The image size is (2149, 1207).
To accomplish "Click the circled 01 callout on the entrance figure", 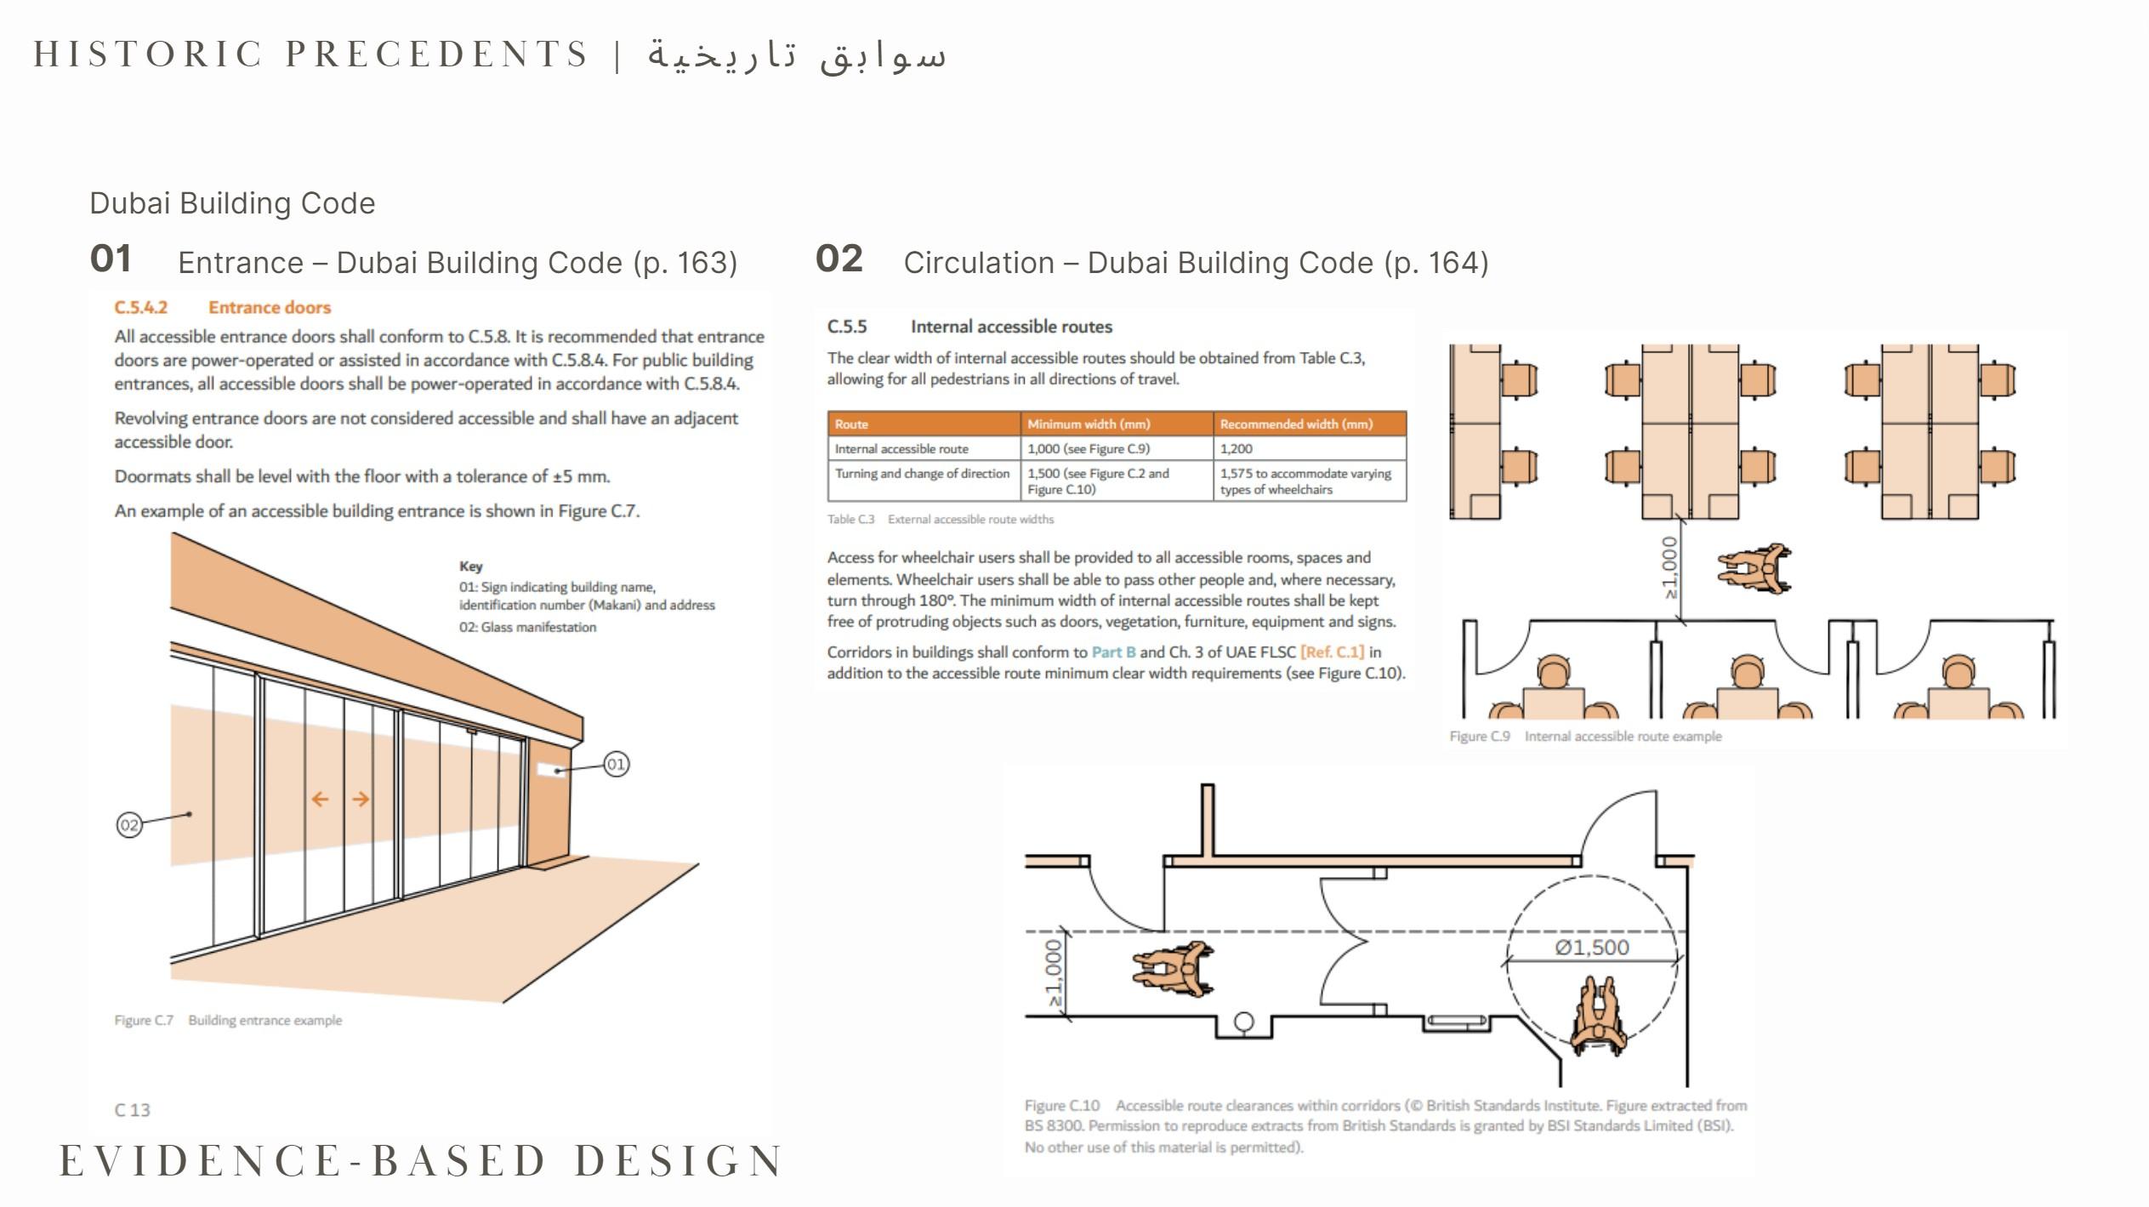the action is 616,764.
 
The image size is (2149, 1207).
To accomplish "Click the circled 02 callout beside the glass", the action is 129,824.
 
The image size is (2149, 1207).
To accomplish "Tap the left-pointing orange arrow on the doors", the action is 320,799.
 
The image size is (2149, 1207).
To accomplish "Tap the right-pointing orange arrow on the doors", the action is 361,799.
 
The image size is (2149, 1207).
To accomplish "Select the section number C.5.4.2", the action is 141,307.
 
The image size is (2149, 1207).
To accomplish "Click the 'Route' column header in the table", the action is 851,424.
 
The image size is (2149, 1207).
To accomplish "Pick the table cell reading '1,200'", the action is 1236,448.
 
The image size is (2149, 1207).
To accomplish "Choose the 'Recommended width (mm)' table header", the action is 1296,424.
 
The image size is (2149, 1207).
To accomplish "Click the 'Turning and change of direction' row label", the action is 922,473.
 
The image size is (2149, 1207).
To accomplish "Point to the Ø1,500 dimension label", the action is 1592,948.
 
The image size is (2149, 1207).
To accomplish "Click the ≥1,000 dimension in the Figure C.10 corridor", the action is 1055,973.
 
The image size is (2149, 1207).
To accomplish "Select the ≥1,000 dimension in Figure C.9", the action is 1670,566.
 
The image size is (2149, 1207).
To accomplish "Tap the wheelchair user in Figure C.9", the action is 1754,568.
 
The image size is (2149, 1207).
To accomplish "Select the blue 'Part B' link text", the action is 1113,652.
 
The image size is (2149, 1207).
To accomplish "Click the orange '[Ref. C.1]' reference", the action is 1332,652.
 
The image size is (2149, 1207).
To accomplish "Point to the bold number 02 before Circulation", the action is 839,259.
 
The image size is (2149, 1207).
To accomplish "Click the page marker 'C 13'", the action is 132,1110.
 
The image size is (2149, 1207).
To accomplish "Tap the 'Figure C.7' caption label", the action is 144,1020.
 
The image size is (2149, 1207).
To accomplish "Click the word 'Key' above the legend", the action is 470,566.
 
